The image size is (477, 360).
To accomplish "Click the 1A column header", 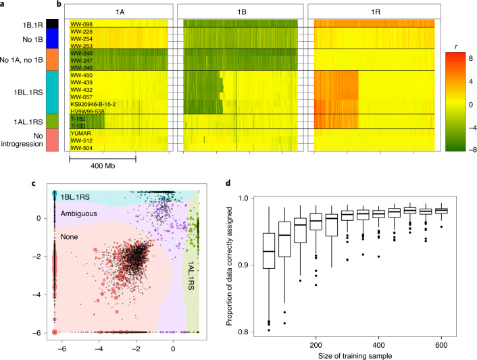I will (x=106, y=11).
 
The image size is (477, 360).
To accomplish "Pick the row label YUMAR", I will (x=80, y=132).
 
